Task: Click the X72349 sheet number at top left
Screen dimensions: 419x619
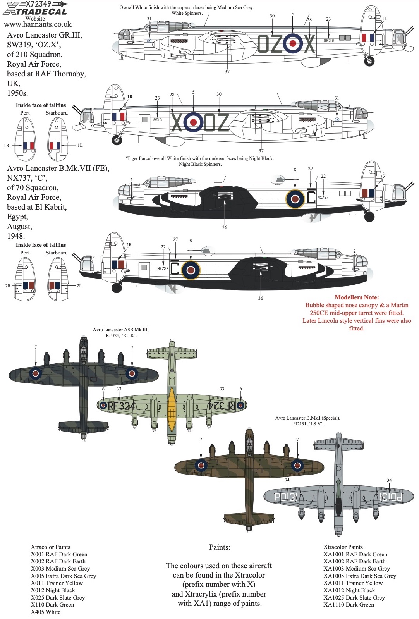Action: tap(38, 4)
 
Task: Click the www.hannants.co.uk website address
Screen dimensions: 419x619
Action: tap(38, 24)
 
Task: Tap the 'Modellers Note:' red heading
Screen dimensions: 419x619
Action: tap(357, 297)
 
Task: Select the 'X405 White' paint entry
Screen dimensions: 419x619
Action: tap(46, 612)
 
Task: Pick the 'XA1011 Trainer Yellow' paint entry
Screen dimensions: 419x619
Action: tap(353, 583)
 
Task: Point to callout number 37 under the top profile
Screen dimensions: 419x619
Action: tap(227, 72)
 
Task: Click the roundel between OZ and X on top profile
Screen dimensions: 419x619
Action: tap(293, 43)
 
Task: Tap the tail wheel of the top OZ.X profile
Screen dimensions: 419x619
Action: tap(369, 61)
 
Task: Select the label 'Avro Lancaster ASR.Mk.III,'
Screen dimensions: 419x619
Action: tap(121, 330)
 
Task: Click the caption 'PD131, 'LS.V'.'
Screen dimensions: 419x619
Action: tap(308, 424)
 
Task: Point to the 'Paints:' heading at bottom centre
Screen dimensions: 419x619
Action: tap(220, 547)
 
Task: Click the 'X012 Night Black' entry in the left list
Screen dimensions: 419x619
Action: tap(53, 590)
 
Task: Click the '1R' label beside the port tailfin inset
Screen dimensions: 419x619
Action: tap(6, 146)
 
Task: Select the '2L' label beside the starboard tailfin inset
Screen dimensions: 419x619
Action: tap(79, 286)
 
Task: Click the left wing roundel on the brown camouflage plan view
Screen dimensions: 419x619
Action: tap(201, 466)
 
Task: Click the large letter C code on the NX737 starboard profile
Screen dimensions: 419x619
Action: tap(175, 268)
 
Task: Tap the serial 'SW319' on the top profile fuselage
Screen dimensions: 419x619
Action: tap(329, 40)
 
